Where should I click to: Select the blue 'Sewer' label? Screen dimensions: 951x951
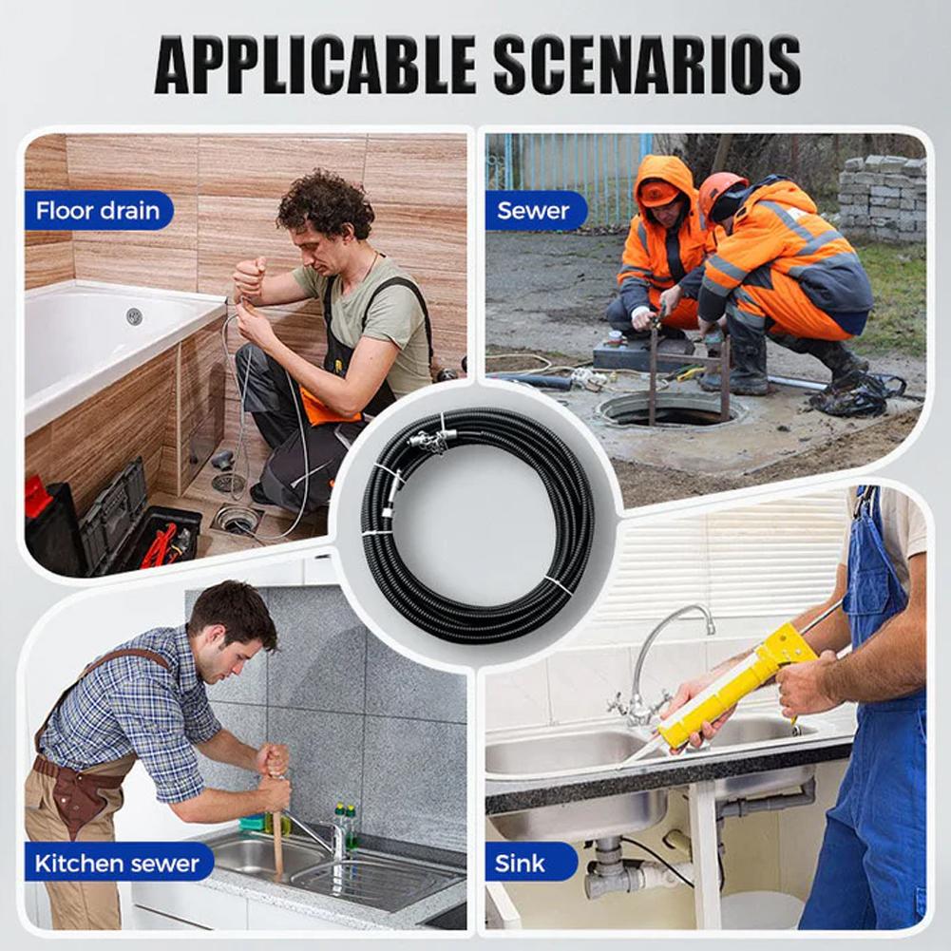point(534,210)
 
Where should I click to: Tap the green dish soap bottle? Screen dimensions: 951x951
point(351,826)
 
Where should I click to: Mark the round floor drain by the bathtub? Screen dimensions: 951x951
point(237,519)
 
